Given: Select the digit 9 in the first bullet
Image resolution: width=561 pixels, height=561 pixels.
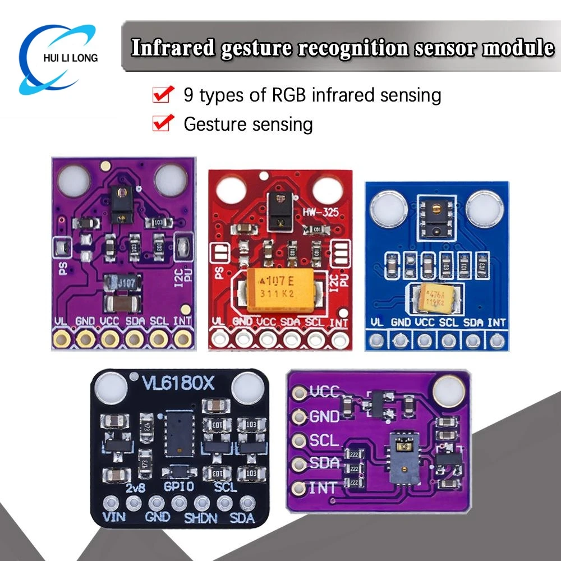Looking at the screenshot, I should [189, 95].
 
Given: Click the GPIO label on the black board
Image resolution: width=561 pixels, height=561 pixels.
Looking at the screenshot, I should [178, 487].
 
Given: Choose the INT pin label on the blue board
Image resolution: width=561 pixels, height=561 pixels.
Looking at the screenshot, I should [496, 323].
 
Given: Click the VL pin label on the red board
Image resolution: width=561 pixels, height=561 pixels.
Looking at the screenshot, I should [218, 322].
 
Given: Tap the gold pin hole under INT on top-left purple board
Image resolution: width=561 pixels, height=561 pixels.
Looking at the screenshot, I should [183, 338].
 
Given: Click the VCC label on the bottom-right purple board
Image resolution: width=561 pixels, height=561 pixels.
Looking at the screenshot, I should [324, 392].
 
